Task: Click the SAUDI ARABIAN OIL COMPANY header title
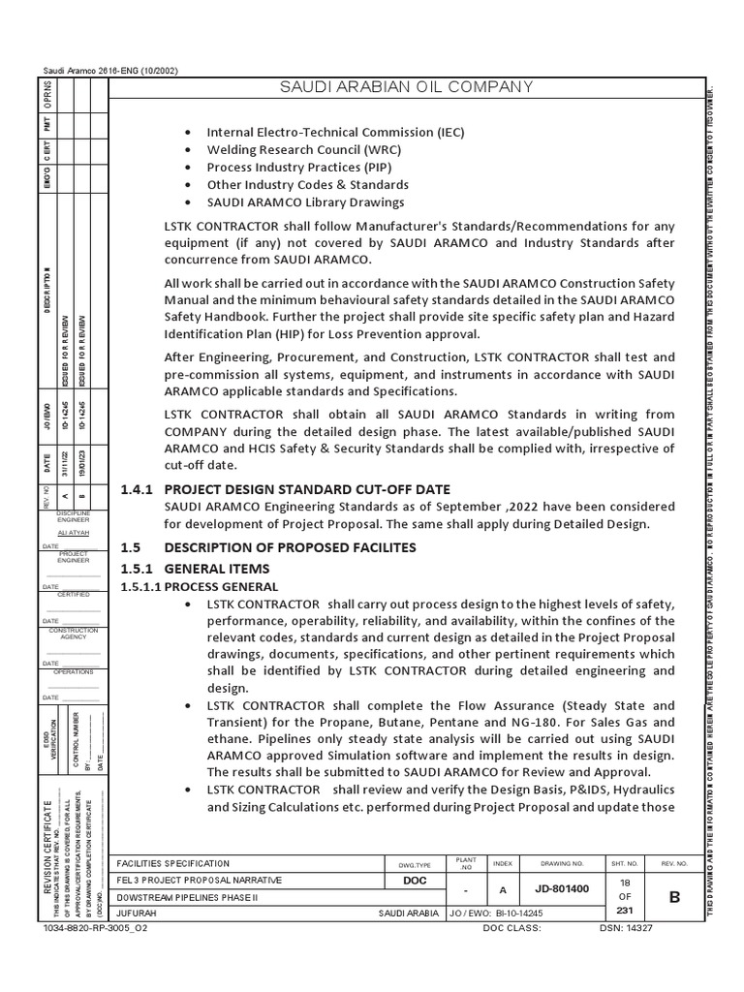click(405, 87)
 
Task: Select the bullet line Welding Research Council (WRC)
click(303, 149)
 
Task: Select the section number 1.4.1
click(137, 489)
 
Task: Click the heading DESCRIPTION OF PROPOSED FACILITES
click(291, 547)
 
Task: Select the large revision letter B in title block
click(674, 897)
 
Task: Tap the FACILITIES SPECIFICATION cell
click(173, 863)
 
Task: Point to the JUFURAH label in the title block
click(136, 914)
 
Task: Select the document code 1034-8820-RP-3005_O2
click(95, 927)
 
